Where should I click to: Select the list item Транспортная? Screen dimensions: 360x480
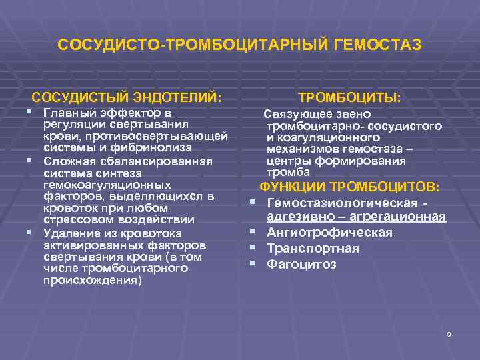[x=313, y=249]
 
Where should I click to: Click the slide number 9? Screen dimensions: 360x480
[x=449, y=334]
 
